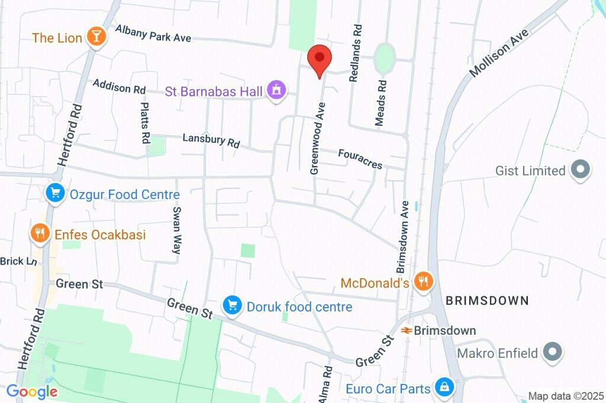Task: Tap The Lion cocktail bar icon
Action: tap(95, 37)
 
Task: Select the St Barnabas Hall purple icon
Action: tap(275, 91)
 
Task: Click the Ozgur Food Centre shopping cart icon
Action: tap(56, 193)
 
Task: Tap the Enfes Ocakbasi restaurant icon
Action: tap(40, 234)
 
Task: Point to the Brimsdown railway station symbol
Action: tap(407, 330)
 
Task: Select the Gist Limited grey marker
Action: tap(580, 171)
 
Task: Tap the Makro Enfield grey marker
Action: tap(552, 353)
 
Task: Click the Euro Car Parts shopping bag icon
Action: tap(443, 388)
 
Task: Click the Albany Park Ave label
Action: tap(153, 33)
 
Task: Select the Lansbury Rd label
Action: tap(211, 140)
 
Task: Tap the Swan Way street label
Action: tap(176, 231)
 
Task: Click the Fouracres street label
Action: tap(360, 158)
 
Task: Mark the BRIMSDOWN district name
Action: tap(487, 300)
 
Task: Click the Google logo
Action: tap(32, 391)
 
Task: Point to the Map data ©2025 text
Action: tap(565, 396)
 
